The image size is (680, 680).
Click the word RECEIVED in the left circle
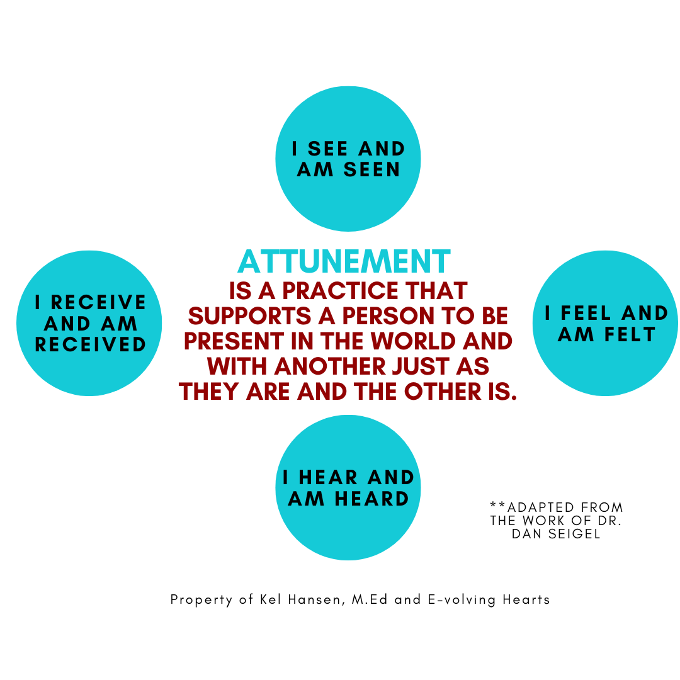click(90, 344)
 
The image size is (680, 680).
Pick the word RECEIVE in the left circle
click(98, 303)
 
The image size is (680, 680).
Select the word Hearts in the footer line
click(526, 599)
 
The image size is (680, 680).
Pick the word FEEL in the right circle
click(589, 313)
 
